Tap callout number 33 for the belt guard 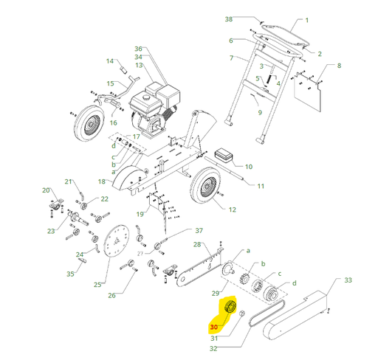pyautogui.click(x=348, y=280)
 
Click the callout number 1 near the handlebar pyautogui.click(x=307, y=21)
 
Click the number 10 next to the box pyautogui.click(x=248, y=167)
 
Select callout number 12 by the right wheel pyautogui.click(x=233, y=210)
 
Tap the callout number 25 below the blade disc pyautogui.click(x=97, y=285)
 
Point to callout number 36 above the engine pyautogui.click(x=137, y=49)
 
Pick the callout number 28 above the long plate pyautogui.click(x=197, y=244)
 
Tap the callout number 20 pyautogui.click(x=45, y=190)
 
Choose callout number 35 pyautogui.click(x=71, y=274)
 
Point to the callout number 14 pyautogui.click(x=110, y=61)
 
